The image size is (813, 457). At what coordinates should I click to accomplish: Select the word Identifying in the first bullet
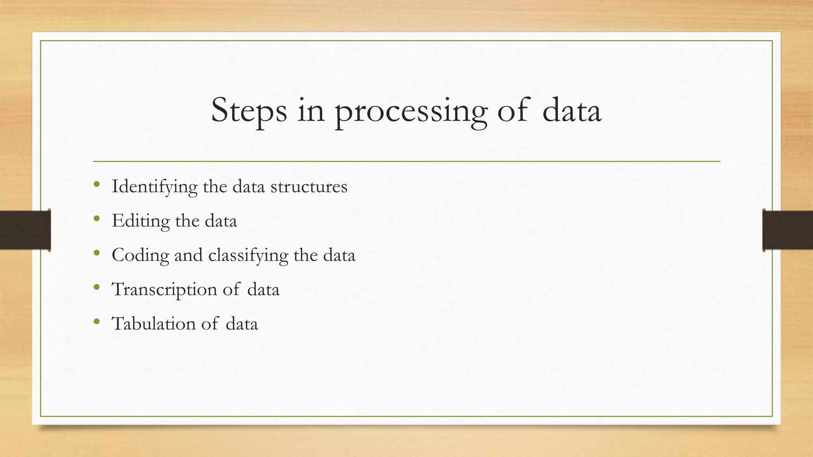coord(154,186)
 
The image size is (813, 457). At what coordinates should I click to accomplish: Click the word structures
coord(309,186)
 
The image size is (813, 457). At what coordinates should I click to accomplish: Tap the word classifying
coord(248,255)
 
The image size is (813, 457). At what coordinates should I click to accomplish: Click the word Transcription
coord(164,289)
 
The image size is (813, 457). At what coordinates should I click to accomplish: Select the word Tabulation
coord(154,323)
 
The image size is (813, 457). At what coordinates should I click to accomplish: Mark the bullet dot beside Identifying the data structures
coord(97,184)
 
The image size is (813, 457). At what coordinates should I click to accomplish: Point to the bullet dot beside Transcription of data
coord(97,287)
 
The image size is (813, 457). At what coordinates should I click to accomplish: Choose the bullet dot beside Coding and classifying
coord(97,253)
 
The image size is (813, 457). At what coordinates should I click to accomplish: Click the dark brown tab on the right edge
coord(788,230)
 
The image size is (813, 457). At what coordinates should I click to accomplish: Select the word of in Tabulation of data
coord(210,323)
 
